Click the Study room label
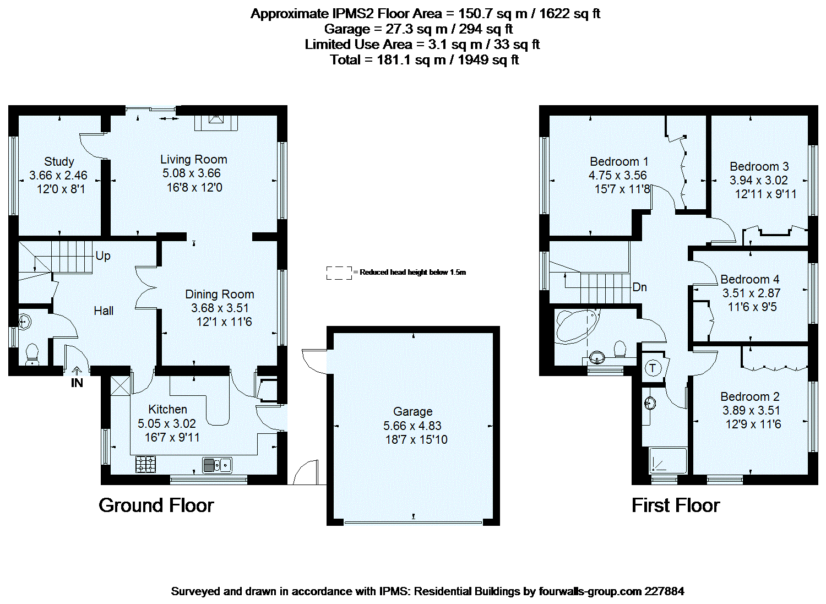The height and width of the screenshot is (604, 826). point(59,161)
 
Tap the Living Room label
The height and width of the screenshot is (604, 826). point(193,159)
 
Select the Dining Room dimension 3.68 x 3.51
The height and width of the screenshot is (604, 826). point(220,308)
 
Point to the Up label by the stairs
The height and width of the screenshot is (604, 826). point(103,256)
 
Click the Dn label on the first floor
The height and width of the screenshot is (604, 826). point(639,287)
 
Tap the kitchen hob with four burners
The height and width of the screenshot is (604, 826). point(146,465)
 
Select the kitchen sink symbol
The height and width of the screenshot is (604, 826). point(217,465)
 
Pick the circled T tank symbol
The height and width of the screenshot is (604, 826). point(653,368)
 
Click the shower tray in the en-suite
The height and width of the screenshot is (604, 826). point(668,461)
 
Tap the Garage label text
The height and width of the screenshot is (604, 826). point(412,411)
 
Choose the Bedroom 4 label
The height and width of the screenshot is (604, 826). point(749,279)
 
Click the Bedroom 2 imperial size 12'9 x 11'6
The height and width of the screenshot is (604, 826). point(753,424)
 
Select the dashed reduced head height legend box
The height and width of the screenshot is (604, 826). point(339,273)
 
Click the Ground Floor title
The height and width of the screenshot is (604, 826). point(156,505)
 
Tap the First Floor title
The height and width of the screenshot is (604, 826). point(675,505)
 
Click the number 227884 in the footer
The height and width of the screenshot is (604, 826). point(664,591)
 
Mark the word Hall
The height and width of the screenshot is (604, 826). point(104,311)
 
